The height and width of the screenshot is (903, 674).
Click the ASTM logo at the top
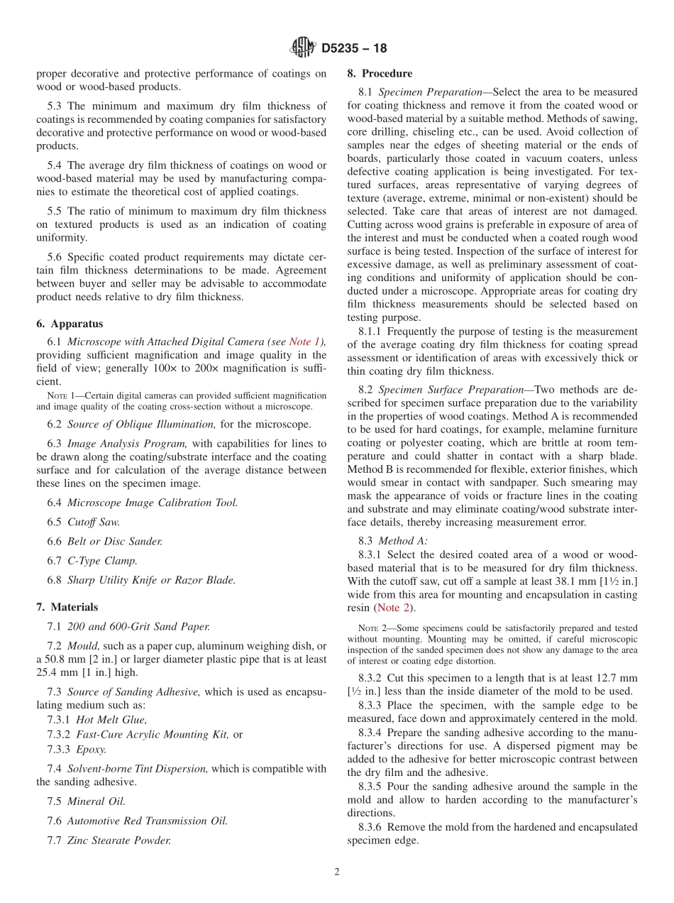tap(302, 48)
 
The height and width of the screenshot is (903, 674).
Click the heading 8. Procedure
tap(380, 73)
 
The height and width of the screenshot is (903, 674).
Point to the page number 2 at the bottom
tap(337, 872)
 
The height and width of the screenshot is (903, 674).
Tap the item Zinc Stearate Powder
tap(119, 841)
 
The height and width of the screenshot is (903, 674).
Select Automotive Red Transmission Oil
tap(148, 821)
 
